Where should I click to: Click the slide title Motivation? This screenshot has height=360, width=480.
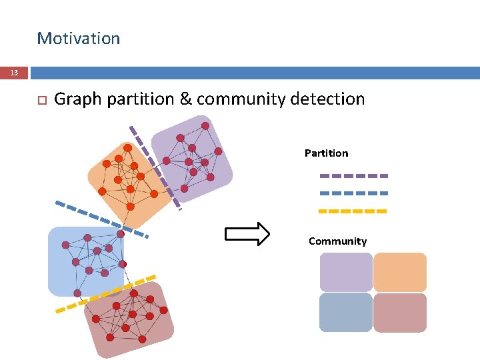click(x=79, y=39)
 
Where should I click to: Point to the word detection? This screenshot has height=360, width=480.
click(x=329, y=99)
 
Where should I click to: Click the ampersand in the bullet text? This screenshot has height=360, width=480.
click(x=185, y=99)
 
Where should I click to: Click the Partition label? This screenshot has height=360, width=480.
click(x=326, y=153)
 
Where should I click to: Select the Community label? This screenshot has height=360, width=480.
click(x=337, y=241)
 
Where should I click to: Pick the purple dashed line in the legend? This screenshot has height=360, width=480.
click(x=353, y=176)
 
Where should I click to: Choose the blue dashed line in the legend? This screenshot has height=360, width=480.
click(x=353, y=193)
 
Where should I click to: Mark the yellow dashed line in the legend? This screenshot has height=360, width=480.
click(x=353, y=211)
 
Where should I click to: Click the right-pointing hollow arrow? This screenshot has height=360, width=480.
click(x=247, y=234)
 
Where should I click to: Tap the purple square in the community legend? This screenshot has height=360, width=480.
click(x=346, y=272)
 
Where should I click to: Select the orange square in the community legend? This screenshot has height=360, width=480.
click(x=400, y=272)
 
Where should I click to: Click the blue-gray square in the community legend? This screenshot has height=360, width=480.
click(x=346, y=312)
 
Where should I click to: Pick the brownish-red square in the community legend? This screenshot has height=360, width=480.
click(x=400, y=312)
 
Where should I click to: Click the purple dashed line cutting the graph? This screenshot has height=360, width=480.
click(x=155, y=167)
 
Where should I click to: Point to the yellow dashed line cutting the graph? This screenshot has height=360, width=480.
click(x=107, y=293)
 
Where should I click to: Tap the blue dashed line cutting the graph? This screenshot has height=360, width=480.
click(x=100, y=219)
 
